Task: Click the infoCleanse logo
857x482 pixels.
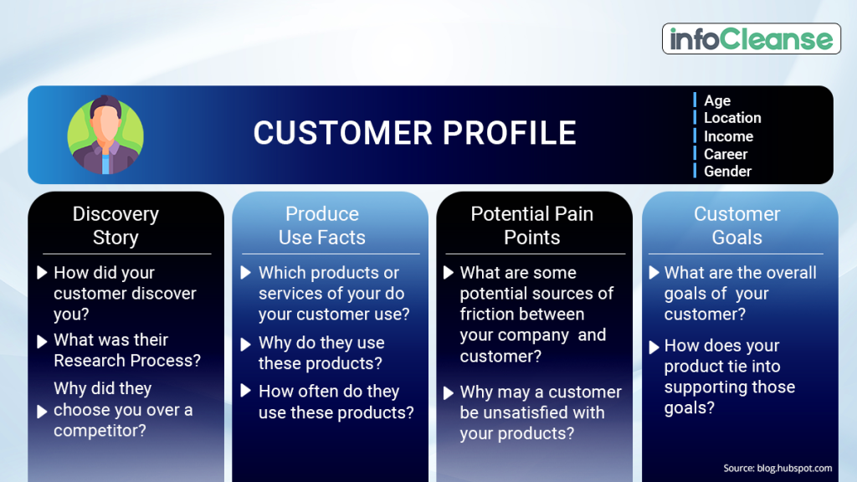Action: [752, 39]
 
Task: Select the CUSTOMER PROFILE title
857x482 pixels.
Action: [414, 133]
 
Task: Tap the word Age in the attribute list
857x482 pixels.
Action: [717, 100]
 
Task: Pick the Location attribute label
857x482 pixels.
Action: [732, 118]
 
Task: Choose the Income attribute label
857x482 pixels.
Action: [728, 136]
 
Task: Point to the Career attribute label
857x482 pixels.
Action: [726, 154]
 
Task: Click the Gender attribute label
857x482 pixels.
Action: [727, 172]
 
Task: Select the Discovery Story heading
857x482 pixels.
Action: [115, 226]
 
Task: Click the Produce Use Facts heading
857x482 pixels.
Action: [322, 226]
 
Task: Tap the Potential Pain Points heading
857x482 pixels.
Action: [531, 226]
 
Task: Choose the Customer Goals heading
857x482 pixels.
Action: [736, 226]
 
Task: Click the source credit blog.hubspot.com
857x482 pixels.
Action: [777, 468]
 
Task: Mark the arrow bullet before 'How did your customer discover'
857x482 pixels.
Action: [43, 273]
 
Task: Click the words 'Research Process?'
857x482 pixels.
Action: [127, 361]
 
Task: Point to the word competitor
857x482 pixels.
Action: [100, 431]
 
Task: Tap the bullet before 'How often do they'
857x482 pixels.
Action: [247, 391]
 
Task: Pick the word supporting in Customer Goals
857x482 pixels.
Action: [706, 387]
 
